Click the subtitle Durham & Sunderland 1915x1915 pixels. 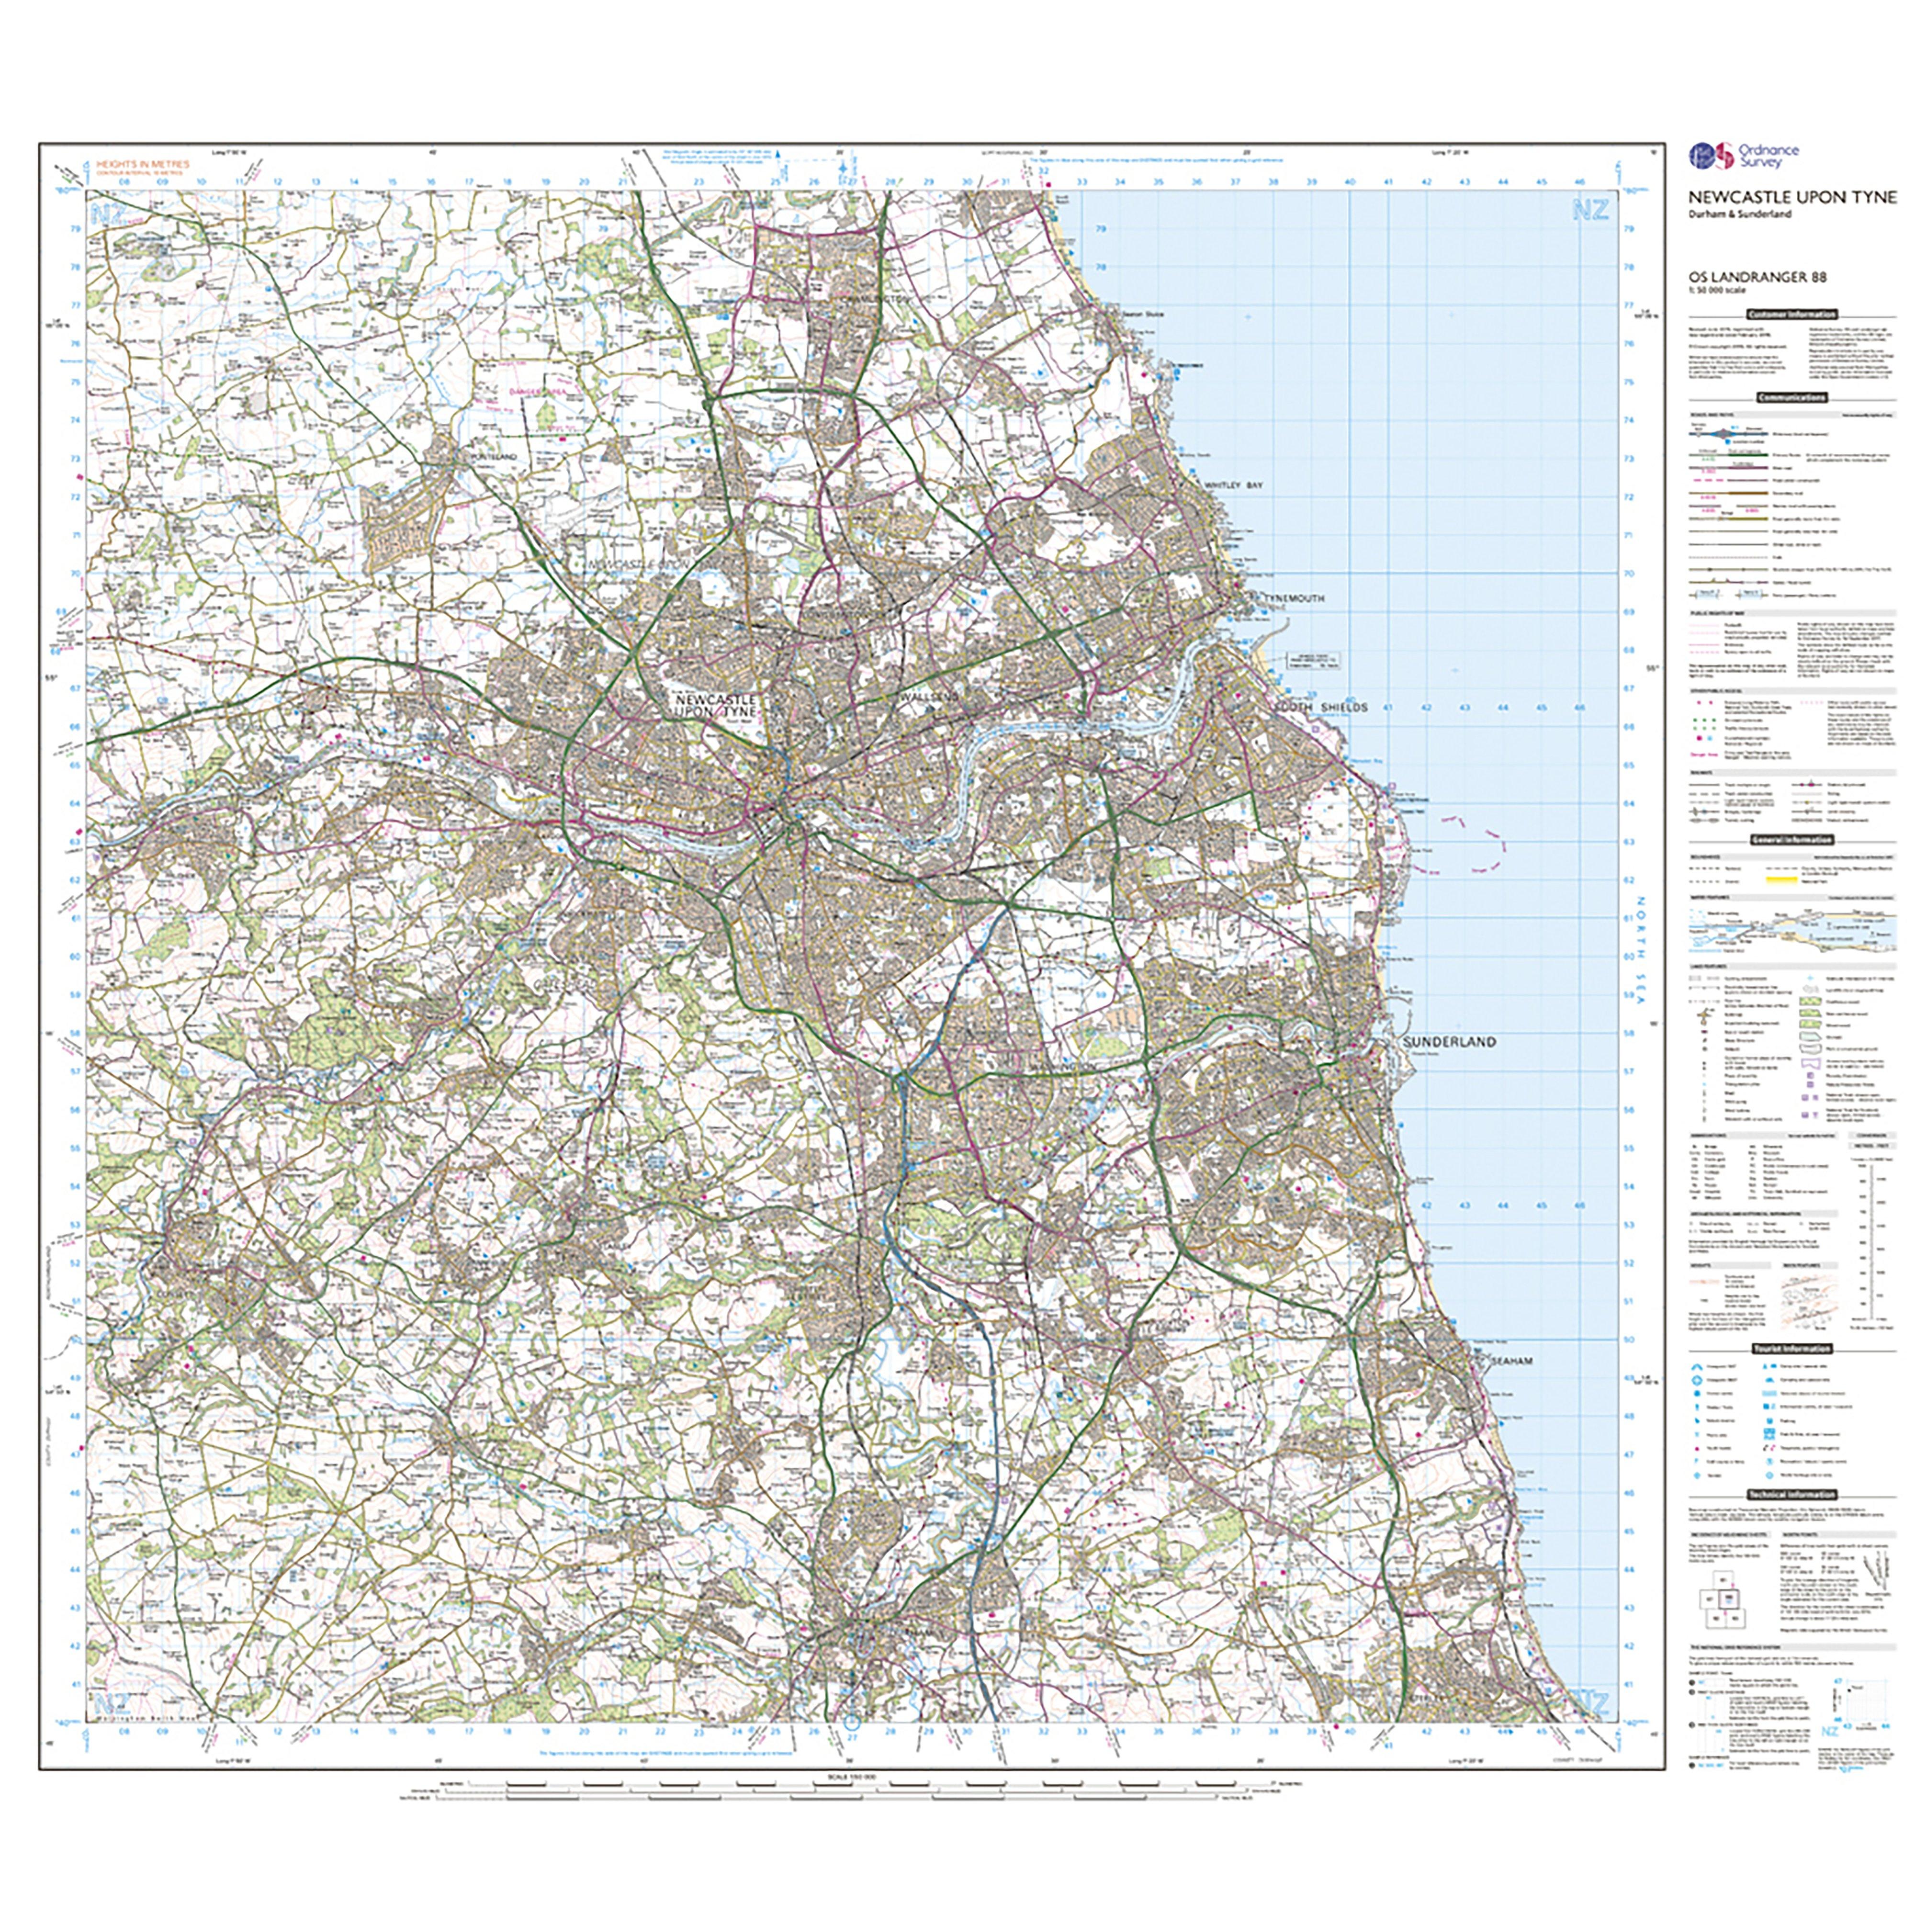1741,214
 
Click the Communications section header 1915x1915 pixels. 1792,397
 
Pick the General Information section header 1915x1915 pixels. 1792,840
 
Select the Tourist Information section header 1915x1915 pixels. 1792,1349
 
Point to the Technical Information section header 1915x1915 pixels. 1792,1495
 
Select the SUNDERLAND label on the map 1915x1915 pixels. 1448,1043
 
